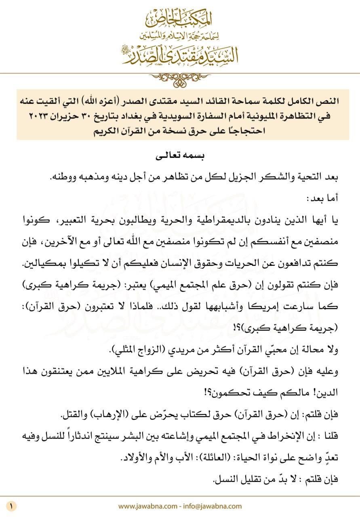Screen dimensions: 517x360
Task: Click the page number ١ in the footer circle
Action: pyautogui.click(x=12, y=506)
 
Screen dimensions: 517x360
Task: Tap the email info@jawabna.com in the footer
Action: pyautogui.click(x=217, y=506)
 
